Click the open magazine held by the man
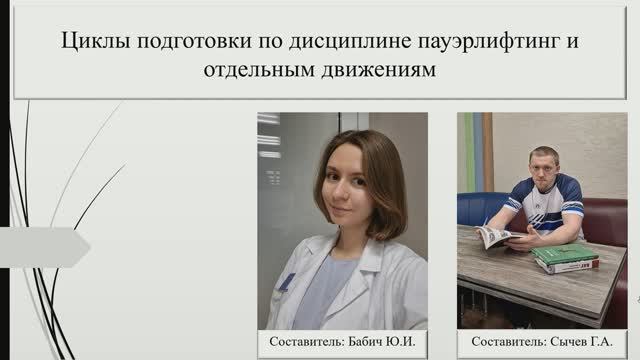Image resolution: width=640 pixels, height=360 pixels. [x=497, y=237]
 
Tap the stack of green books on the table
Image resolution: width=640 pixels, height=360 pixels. [x=565, y=259]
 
